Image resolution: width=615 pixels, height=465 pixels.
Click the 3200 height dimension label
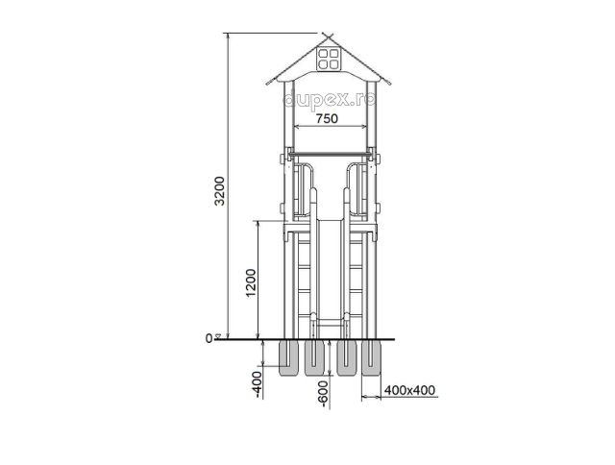[x=220, y=191]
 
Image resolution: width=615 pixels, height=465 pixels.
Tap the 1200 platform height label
[x=251, y=282]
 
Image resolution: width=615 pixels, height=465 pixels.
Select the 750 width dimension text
[x=327, y=118]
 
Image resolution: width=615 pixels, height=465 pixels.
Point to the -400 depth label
[x=258, y=385]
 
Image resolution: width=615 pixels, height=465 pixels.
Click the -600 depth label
[x=324, y=394]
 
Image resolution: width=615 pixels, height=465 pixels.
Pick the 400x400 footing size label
[x=409, y=390]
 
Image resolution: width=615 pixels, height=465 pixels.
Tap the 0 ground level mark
[x=209, y=338]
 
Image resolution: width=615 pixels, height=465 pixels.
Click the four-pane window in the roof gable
[x=328, y=59]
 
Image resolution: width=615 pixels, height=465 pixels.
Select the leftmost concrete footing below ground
[x=288, y=358]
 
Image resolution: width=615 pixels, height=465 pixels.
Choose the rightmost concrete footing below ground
[x=371, y=358]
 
